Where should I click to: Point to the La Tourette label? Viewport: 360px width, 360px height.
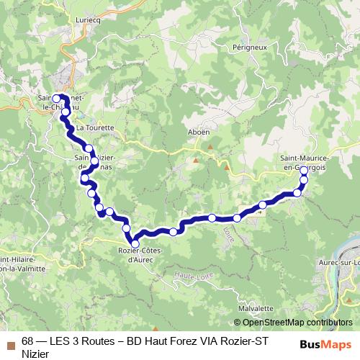pyautogui.click(x=96, y=127)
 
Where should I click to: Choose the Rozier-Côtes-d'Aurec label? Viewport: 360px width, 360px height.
pyautogui.click(x=141, y=254)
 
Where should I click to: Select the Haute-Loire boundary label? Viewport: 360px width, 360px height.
pyautogui.click(x=189, y=274)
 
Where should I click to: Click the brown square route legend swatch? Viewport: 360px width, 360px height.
pyautogui.click(x=10, y=344)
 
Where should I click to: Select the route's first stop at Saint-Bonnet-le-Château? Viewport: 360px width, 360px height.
pyautogui.click(x=56, y=99)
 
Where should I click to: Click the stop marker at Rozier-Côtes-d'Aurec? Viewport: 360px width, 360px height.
pyautogui.click(x=135, y=244)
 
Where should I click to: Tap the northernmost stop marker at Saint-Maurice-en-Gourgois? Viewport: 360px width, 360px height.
pyautogui.click(x=304, y=171)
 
